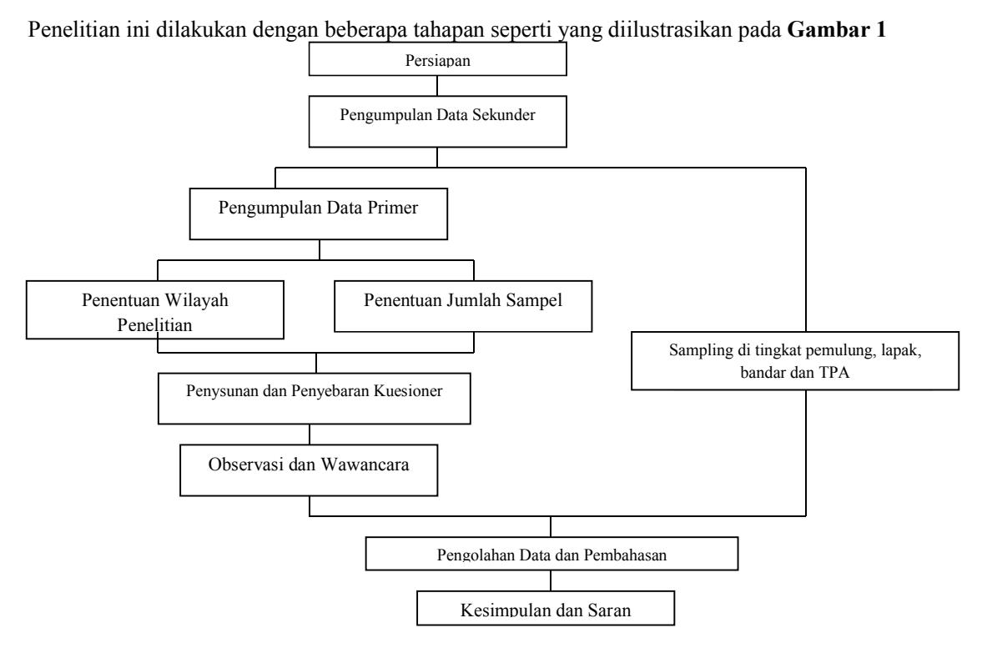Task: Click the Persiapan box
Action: point(438,59)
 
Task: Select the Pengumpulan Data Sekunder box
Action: point(438,122)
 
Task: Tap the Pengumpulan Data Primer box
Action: point(319,213)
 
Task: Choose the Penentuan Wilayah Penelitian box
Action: point(154,310)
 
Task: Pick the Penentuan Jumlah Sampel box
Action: point(463,306)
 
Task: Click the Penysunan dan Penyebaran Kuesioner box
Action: point(315,399)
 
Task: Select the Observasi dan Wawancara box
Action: point(309,470)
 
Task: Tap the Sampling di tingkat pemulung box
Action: point(795,360)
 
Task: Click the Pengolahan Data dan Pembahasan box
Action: point(551,554)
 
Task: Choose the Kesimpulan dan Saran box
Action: point(546,608)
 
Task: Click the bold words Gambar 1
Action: point(837,29)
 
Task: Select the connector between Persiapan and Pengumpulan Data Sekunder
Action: point(437,86)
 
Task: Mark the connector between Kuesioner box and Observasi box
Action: point(310,434)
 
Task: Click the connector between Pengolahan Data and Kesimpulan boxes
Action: point(551,580)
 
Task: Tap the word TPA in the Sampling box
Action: point(833,373)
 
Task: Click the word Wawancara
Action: point(365,465)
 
